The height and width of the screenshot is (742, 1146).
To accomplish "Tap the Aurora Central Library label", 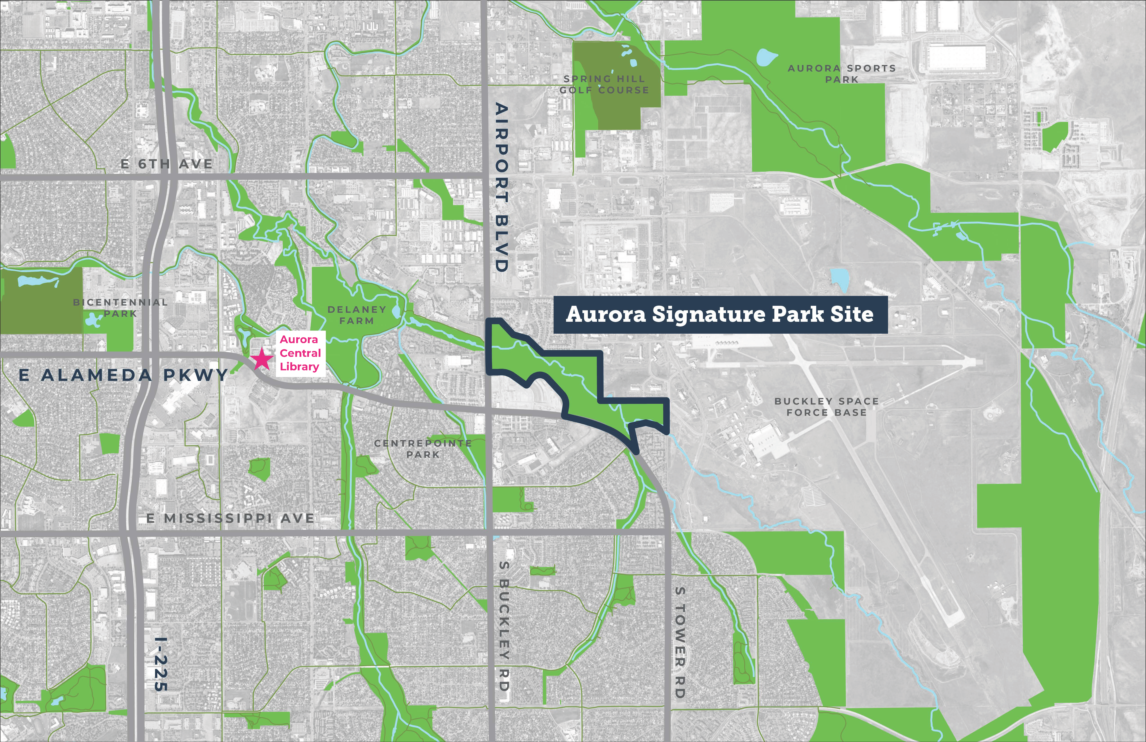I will pyautogui.click(x=300, y=353).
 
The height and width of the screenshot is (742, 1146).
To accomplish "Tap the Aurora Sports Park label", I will pyautogui.click(x=842, y=74).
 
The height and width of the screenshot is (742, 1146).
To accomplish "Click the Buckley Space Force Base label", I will pyautogui.click(x=826, y=407).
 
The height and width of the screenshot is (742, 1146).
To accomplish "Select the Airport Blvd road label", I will pyautogui.click(x=501, y=188).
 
